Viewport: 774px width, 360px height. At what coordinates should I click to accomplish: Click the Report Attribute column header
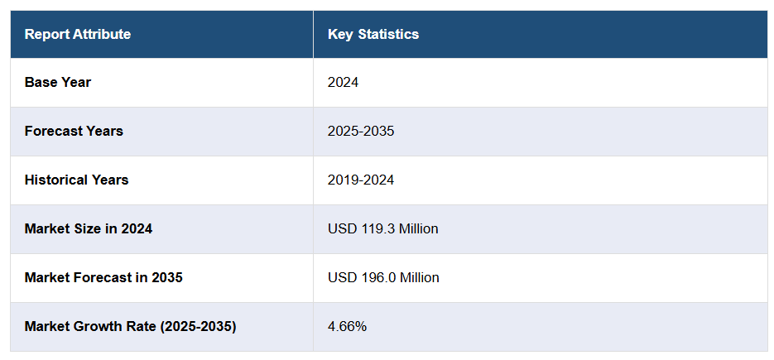click(x=78, y=34)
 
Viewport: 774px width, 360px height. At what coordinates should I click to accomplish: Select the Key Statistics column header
click(x=373, y=34)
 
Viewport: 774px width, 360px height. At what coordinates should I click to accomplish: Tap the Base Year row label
click(x=58, y=82)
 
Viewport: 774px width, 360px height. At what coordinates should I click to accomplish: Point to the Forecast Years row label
click(x=74, y=131)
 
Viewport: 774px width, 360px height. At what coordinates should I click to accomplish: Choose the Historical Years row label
click(x=77, y=180)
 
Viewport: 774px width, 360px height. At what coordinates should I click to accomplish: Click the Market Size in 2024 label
click(x=89, y=228)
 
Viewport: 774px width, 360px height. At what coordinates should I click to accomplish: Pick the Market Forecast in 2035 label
click(x=103, y=277)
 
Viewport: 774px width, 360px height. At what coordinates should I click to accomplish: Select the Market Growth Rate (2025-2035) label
click(x=130, y=326)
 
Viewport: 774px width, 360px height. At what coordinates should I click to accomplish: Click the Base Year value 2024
click(x=343, y=82)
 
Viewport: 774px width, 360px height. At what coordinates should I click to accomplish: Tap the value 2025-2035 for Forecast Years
click(x=361, y=131)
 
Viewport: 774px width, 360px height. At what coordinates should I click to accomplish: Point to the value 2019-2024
click(x=361, y=180)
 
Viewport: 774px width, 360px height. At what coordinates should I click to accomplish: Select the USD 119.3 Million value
click(x=383, y=228)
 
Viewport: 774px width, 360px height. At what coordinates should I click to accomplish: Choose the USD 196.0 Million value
click(x=383, y=277)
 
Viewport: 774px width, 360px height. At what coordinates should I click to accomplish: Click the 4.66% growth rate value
click(x=347, y=326)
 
